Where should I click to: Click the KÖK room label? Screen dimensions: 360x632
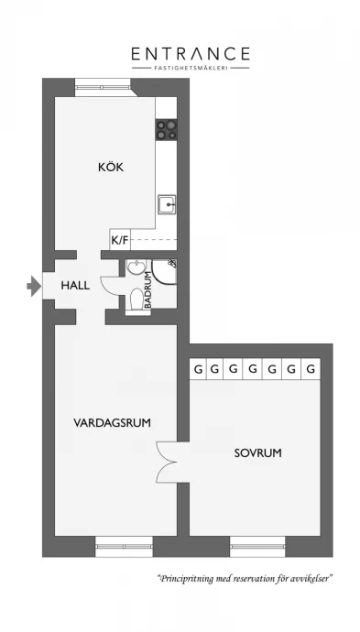[111, 167]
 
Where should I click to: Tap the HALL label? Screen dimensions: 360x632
[75, 286]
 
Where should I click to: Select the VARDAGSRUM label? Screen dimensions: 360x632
[112, 423]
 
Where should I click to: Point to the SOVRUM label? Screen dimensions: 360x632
[258, 453]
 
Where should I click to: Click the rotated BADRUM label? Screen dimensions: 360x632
[147, 289]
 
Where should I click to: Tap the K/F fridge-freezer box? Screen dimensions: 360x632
[120, 241]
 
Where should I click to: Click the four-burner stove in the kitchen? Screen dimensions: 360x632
[167, 130]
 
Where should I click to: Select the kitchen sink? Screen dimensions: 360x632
[167, 205]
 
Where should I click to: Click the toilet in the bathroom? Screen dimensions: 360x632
[137, 300]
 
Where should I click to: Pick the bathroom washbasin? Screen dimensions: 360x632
[134, 267]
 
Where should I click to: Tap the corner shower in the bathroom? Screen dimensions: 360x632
[165, 271]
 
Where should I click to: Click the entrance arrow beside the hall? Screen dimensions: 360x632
[34, 287]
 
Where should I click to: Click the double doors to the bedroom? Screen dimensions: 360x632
[168, 463]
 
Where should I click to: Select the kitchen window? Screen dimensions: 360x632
[103, 87]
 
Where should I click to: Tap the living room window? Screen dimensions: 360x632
[124, 547]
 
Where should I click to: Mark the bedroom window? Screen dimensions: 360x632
[257, 547]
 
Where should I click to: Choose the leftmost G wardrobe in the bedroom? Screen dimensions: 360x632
[198, 369]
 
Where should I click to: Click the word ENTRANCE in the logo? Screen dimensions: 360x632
[191, 54]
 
